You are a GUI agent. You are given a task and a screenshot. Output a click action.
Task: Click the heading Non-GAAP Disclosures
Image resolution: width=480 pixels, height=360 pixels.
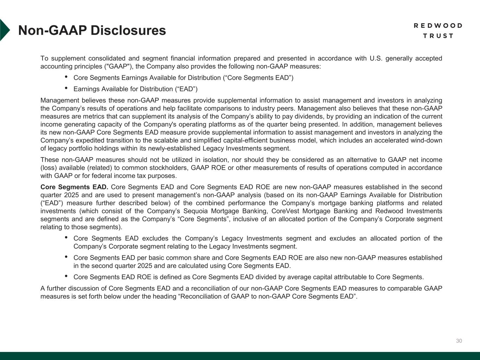[92, 31]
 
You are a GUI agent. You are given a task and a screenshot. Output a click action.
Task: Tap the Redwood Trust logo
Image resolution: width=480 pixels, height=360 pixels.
[438, 31]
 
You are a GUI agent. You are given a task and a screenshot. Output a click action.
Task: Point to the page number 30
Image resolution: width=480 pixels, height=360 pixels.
[459, 341]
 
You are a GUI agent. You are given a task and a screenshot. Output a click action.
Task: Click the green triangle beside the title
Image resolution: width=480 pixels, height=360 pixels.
[5, 30]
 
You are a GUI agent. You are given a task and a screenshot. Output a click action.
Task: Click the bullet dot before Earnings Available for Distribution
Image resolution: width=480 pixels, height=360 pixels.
[66, 88]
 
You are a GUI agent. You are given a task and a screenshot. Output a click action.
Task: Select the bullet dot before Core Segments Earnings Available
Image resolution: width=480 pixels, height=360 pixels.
[66, 77]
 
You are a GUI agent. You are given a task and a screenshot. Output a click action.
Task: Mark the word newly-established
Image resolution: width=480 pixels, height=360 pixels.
[178, 148]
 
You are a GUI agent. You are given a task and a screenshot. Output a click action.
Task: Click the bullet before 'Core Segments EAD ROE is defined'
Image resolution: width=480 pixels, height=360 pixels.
[66, 276]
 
